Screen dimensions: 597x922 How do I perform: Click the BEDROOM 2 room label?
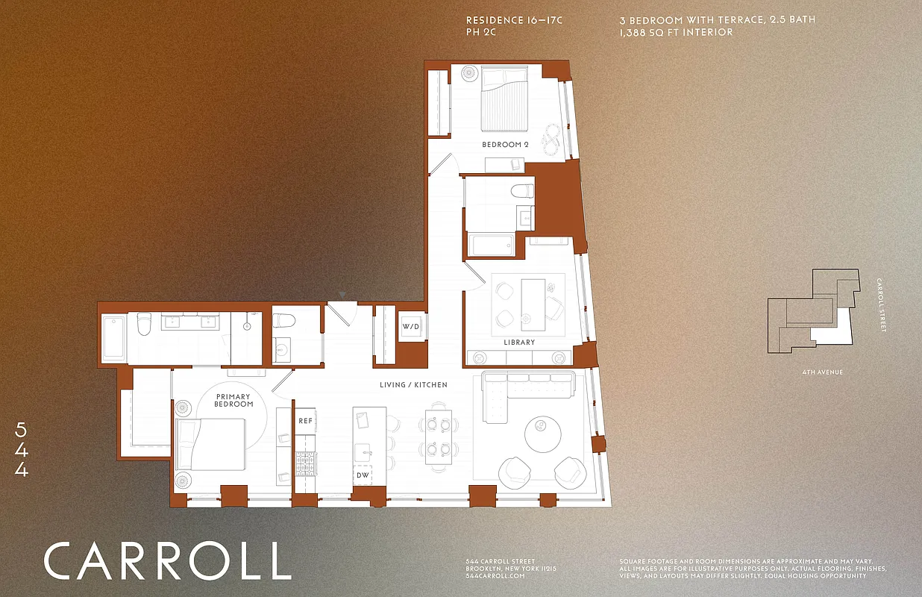click(505, 144)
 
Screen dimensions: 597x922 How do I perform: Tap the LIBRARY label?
click(518, 343)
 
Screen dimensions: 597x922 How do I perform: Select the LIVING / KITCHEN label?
click(413, 385)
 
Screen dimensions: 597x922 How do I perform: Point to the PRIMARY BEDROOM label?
click(234, 401)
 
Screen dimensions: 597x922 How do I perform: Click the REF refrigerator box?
click(305, 421)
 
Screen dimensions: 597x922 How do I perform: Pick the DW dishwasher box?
click(363, 475)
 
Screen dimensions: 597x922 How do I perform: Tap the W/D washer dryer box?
click(410, 327)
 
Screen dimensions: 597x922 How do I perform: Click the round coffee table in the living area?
click(545, 431)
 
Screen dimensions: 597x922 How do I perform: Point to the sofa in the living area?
click(528, 388)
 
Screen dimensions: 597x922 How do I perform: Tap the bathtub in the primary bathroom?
click(113, 338)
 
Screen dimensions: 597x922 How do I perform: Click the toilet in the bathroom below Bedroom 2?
click(522, 191)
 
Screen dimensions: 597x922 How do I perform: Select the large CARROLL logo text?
click(167, 561)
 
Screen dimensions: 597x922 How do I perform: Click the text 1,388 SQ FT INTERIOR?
click(676, 33)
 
